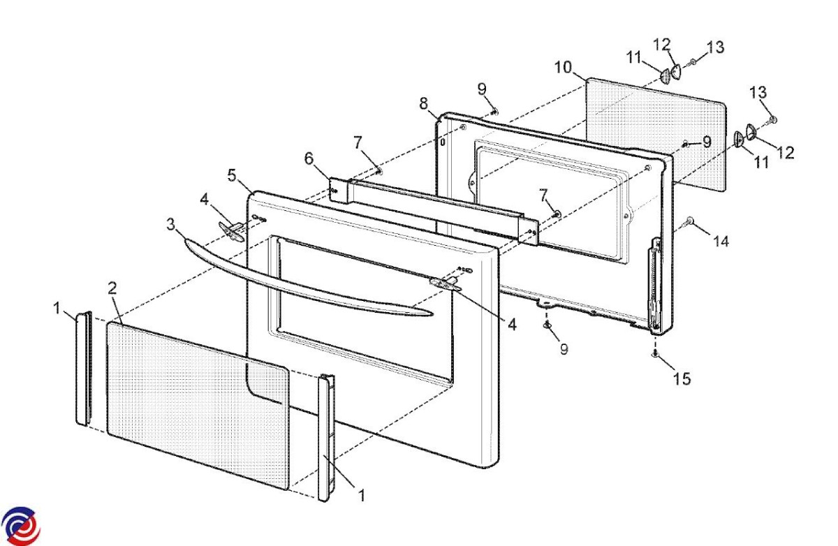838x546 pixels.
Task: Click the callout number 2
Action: pos(112,288)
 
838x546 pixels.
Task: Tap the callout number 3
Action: pos(170,224)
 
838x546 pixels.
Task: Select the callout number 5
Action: pos(232,175)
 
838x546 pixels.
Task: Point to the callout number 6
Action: pos(309,158)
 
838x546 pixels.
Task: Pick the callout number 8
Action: pos(423,103)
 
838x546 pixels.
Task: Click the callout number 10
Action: pos(563,68)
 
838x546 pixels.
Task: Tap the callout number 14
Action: pos(721,242)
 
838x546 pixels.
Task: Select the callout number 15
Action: pos(682,379)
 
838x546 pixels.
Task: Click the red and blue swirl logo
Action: pos(20,526)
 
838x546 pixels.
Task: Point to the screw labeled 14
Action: pos(689,223)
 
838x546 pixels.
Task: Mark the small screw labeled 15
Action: pos(655,353)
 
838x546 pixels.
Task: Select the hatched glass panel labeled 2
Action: pos(198,406)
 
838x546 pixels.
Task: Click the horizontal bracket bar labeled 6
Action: pos(434,212)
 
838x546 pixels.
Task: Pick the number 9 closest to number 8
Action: pos(482,89)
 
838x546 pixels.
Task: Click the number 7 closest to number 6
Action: pos(358,142)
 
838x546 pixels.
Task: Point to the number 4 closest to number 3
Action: pos(204,199)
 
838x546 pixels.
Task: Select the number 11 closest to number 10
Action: pos(634,57)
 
